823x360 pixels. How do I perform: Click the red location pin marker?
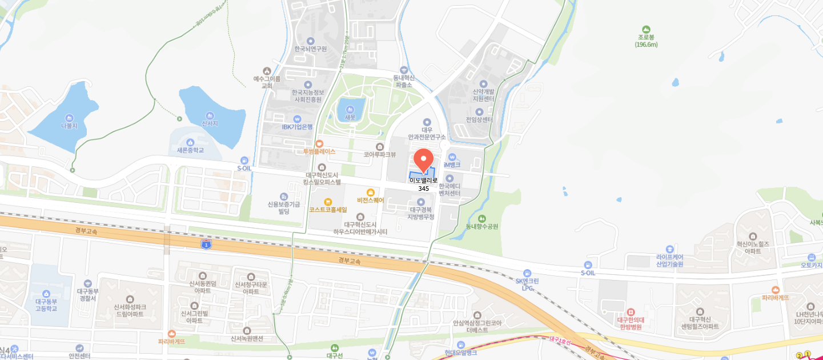click(x=423, y=159)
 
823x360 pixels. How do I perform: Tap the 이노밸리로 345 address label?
click(x=423, y=184)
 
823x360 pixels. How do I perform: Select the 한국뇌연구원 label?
click(x=310, y=49)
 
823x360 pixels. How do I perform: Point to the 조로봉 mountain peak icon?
click(x=646, y=29)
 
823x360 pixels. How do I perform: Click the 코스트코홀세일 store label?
click(x=328, y=210)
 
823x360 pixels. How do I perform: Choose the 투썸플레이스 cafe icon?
click(x=319, y=143)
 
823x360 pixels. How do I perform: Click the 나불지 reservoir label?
click(x=69, y=125)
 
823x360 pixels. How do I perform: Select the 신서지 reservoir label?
click(x=210, y=123)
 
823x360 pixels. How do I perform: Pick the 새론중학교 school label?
click(x=190, y=150)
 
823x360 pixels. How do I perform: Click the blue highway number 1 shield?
click(x=206, y=245)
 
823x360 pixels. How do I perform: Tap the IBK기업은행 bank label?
click(x=297, y=127)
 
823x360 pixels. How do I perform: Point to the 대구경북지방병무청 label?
click(x=421, y=213)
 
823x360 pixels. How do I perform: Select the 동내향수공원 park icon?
click(x=481, y=218)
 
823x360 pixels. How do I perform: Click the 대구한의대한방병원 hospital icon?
click(x=631, y=312)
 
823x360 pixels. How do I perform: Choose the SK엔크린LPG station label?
click(x=527, y=284)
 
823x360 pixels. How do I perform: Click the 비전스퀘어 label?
click(x=370, y=200)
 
